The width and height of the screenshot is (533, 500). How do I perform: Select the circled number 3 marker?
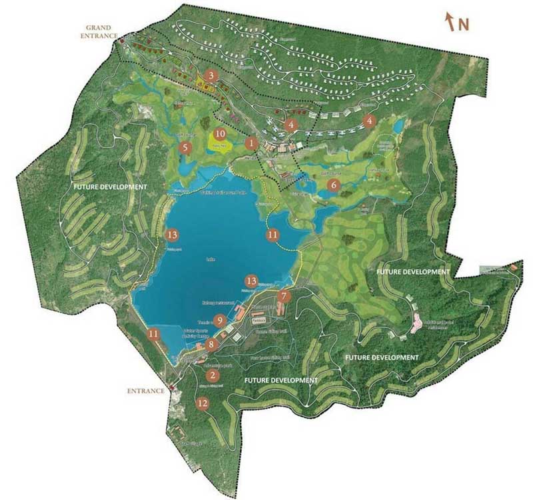(212, 76)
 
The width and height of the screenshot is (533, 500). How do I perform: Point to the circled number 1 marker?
(251, 142)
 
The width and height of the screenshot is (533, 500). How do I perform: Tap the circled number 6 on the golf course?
(334, 185)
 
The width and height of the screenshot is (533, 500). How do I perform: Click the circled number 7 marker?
(284, 296)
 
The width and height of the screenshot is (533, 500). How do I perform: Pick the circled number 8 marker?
(211, 345)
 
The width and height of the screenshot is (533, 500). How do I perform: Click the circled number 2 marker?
(213, 375)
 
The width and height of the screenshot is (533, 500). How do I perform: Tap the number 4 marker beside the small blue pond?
(370, 121)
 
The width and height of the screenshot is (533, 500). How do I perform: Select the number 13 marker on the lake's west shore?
(172, 235)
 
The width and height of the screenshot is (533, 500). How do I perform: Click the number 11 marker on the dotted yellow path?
(272, 234)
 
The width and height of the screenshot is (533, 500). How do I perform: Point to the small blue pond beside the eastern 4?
(398, 125)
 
